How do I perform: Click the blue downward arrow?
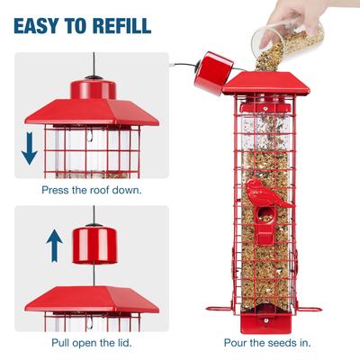click(30, 148)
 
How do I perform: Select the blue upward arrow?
click(54, 245)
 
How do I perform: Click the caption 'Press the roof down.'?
click(91, 190)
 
